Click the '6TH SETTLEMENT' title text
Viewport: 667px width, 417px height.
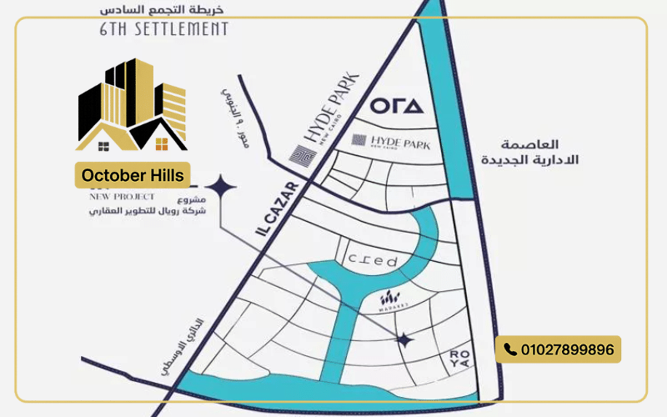pos(164,29)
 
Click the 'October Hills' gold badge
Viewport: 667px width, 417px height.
pos(133,175)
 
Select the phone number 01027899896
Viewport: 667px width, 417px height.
pos(567,349)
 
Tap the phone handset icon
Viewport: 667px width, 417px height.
pos(510,349)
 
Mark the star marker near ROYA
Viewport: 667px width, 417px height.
pos(404,339)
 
